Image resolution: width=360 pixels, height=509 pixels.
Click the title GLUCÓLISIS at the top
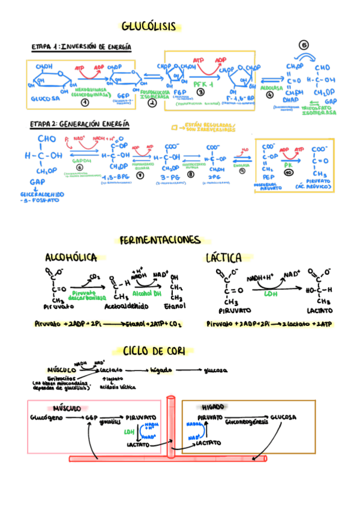149,26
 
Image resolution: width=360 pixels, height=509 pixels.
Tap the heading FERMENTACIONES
160,240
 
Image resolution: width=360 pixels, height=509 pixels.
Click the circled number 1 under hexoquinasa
85,103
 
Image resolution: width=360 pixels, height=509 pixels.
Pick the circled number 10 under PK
288,171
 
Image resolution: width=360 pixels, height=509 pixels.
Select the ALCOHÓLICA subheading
71,258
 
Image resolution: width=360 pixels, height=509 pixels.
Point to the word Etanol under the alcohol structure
178,306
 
